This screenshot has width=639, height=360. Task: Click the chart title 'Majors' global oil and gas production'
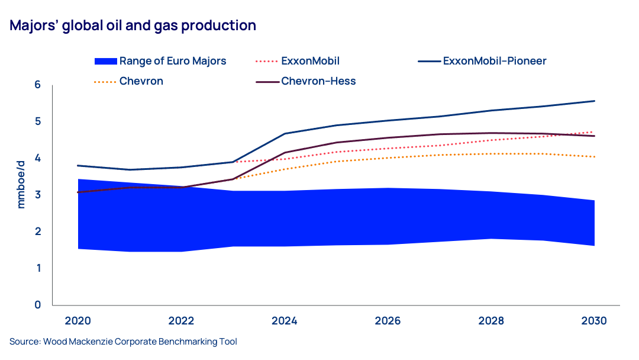133,26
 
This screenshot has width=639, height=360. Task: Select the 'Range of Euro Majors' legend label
173,61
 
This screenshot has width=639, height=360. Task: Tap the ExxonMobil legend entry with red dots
310,61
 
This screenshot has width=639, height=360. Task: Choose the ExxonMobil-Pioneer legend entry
494,61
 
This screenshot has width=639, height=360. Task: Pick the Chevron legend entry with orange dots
141,81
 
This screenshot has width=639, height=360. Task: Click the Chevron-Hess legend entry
318,81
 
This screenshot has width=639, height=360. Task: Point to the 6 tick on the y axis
37,85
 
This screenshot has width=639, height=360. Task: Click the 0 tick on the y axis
37,305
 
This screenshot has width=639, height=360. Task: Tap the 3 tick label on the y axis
37,195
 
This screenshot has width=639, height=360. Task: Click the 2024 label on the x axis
285,321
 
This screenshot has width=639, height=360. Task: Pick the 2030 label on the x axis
594,321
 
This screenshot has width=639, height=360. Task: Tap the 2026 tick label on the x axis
388,321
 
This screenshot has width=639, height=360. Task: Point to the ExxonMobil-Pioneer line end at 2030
595,101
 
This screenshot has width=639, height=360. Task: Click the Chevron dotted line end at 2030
595,157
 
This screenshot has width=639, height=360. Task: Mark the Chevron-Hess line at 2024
285,153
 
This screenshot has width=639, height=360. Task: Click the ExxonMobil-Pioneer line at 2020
78,166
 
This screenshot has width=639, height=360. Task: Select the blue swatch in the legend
105,61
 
